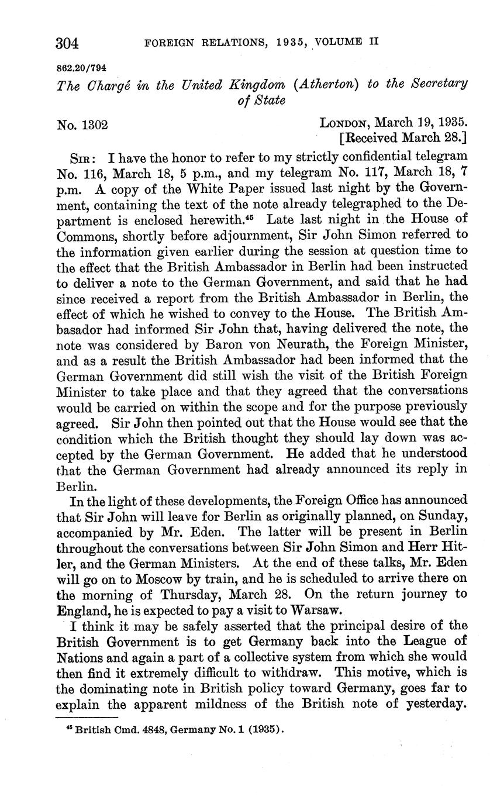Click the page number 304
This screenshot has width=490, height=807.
67,43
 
